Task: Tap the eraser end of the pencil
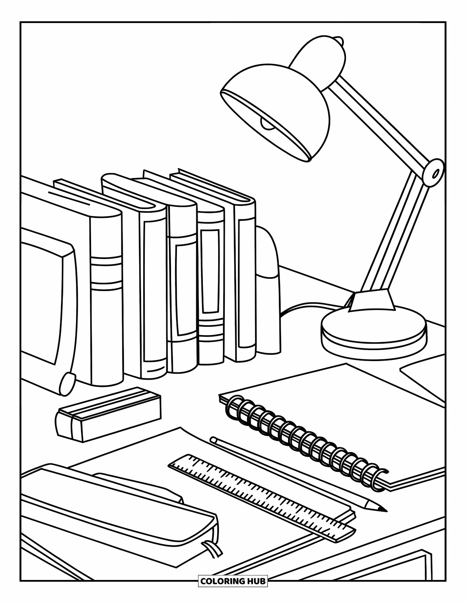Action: pyautogui.click(x=213, y=439)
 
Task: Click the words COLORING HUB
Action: pyautogui.click(x=233, y=580)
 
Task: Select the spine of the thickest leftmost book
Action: pyautogui.click(x=106, y=292)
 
